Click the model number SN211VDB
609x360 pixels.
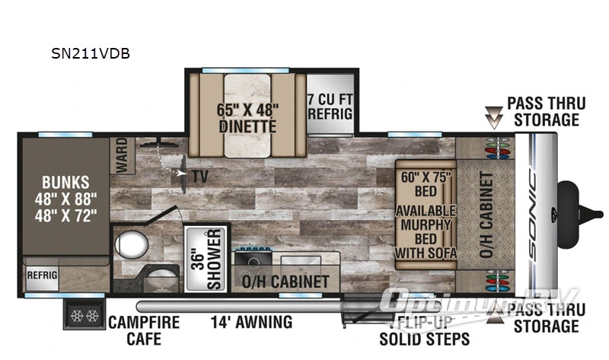pyautogui.click(x=84, y=54)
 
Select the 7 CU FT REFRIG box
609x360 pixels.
pyautogui.click(x=330, y=106)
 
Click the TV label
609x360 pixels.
pyautogui.click(x=201, y=175)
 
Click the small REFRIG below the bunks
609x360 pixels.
pyautogui.click(x=40, y=276)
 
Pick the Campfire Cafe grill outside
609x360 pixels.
pyautogui.click(x=81, y=315)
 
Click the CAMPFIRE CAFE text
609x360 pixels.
pyautogui.click(x=144, y=330)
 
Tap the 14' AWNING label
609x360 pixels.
pyautogui.click(x=251, y=323)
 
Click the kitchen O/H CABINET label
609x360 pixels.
pyautogui.click(x=285, y=282)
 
